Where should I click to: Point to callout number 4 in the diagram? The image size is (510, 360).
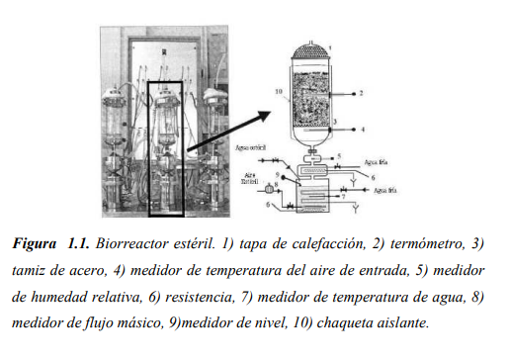click(x=361, y=129)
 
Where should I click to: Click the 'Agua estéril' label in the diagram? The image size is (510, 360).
click(x=252, y=149)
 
